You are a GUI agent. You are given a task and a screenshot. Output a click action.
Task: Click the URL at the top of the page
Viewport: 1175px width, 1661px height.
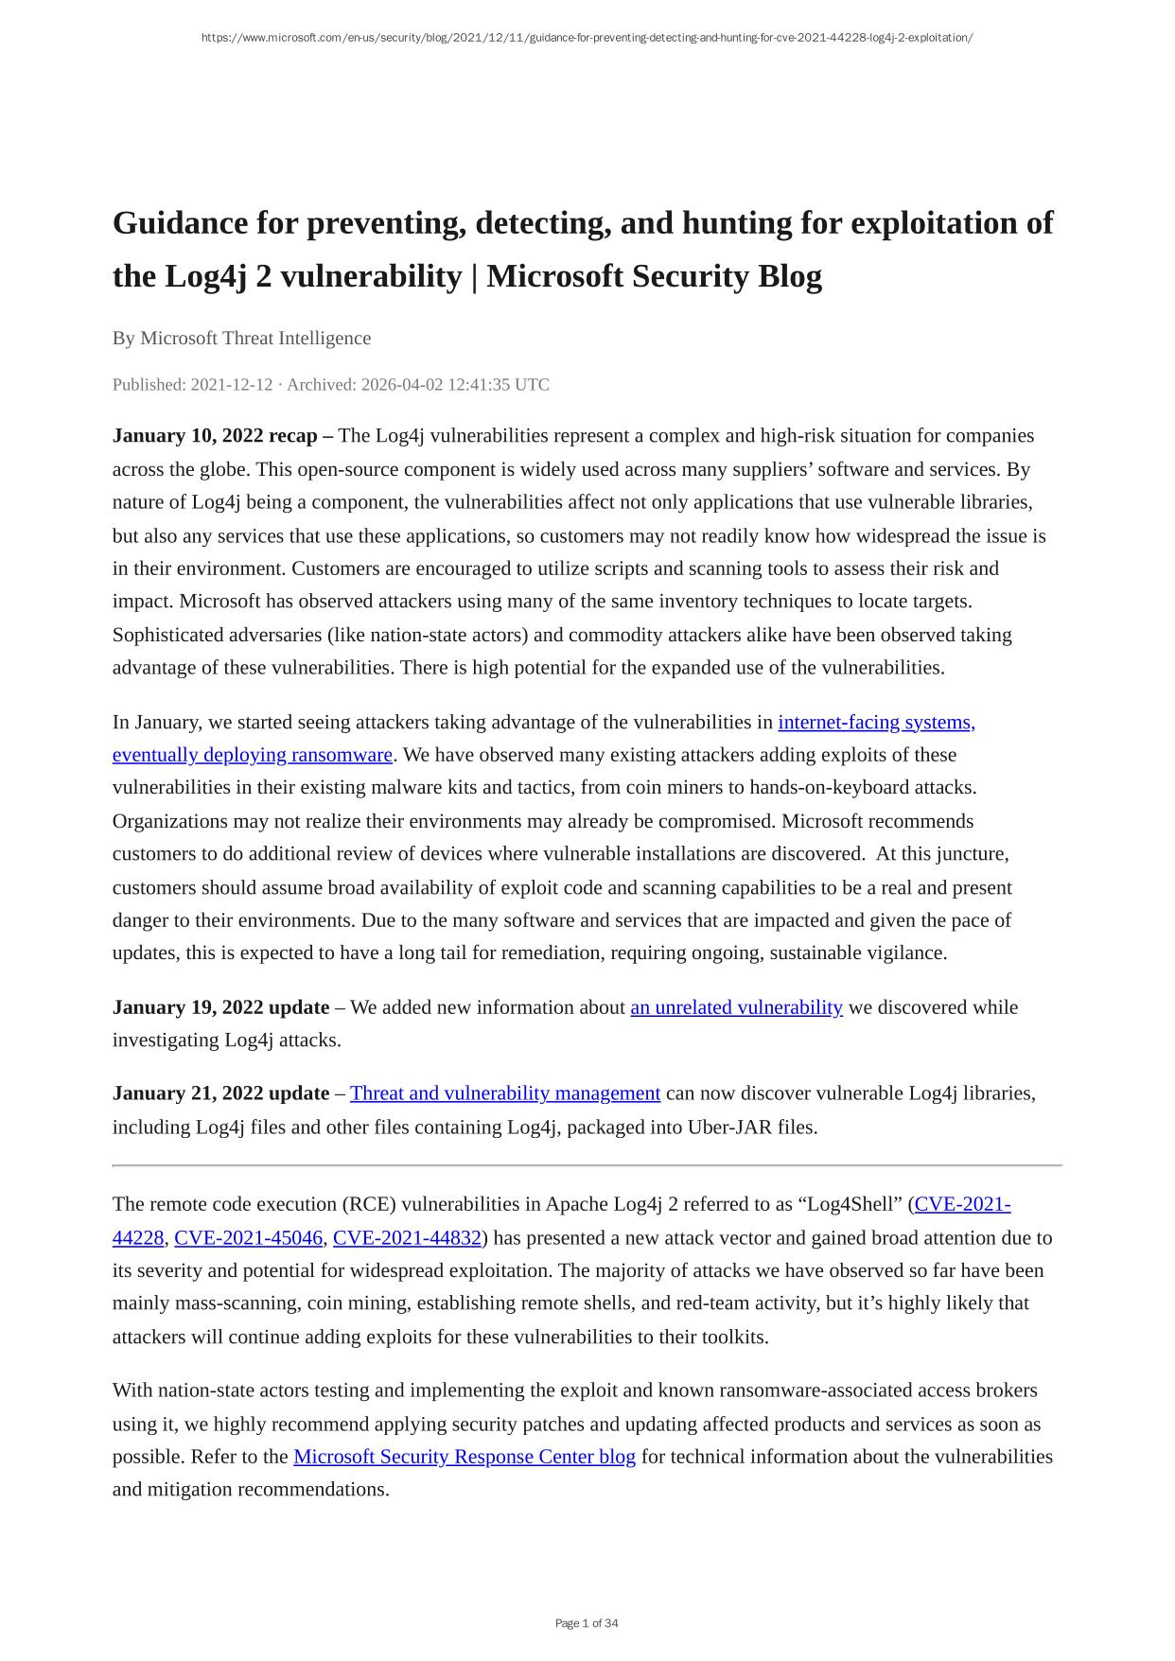587,38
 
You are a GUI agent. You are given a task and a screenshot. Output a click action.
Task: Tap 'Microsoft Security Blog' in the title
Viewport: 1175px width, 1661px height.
654,276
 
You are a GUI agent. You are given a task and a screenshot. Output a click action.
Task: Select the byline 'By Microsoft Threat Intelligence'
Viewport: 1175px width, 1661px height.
241,338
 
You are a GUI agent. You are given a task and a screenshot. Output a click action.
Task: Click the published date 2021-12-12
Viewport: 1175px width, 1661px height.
232,384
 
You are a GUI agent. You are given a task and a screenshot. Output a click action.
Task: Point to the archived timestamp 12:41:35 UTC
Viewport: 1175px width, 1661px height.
493,384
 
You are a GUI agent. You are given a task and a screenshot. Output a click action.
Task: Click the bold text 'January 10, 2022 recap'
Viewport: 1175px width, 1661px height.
215,435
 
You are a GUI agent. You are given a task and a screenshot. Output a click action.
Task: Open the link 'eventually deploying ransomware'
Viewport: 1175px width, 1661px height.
252,755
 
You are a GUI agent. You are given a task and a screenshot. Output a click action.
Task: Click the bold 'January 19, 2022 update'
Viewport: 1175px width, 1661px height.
220,1006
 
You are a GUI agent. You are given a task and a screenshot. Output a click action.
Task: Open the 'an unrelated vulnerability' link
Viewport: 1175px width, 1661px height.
736,1006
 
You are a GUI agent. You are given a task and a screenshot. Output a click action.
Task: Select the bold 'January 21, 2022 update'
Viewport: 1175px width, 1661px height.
220,1093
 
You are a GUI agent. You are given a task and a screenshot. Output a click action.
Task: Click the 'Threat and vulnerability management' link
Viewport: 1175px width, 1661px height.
505,1093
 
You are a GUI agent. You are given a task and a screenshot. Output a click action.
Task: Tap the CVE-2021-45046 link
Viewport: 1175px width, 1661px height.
249,1237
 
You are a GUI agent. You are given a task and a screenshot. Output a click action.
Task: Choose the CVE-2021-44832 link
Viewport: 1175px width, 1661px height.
408,1237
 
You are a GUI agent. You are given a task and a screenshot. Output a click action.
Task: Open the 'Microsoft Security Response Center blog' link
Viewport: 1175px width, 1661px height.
465,1456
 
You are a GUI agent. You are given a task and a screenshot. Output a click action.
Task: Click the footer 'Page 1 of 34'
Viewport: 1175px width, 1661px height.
587,1623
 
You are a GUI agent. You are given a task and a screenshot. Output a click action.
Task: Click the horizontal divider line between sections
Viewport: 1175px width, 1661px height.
587,1165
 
